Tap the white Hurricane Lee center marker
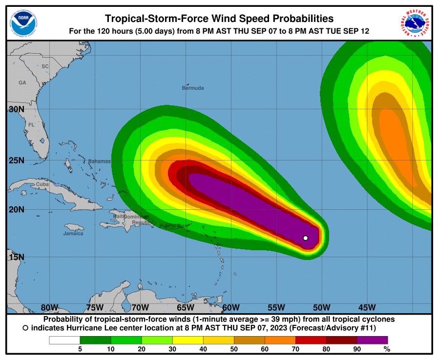pos(305,238)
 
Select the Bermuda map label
pos(192,88)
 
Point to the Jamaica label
pos(73,234)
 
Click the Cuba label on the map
pos(42,184)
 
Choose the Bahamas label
pos(99,161)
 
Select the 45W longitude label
pos(367,307)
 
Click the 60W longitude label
pos(230,307)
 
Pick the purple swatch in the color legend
pos(372,340)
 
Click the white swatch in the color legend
pos(64,340)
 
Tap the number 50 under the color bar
pos(234,349)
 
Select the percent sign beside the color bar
pos(387,349)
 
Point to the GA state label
pos(22,83)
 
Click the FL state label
pos(31,125)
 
